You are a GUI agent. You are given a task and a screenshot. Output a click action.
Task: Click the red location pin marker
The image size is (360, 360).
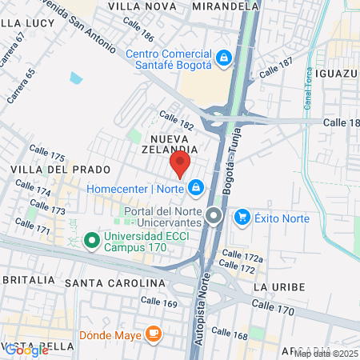coord(179,164)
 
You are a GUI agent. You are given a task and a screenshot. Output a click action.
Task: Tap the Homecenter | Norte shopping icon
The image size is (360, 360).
coord(195,189)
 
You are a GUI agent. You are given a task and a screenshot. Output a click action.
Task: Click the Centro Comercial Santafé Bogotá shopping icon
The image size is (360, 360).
coord(225,58)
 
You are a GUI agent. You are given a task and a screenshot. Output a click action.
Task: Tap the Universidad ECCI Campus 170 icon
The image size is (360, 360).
coord(91,239)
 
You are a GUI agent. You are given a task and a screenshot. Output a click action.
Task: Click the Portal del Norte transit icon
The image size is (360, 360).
coord(214,216)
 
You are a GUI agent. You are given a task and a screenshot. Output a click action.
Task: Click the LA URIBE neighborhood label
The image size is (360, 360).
coord(274,286)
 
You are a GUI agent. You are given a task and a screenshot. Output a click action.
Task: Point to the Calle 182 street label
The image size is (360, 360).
coord(176,120)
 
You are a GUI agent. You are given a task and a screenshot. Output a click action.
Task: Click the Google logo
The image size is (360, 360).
coord(26,350)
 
